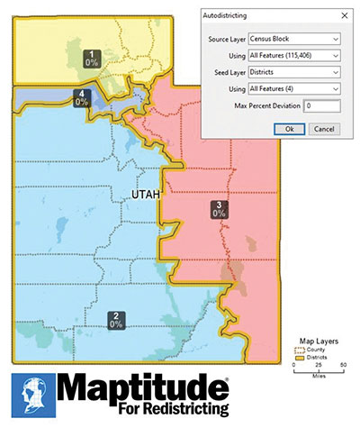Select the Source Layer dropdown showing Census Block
pyautogui.click(x=295, y=39)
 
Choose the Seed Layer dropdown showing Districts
pyautogui.click(x=295, y=73)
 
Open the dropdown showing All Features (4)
pyautogui.click(x=295, y=89)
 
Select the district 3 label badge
pyautogui.click(x=218, y=210)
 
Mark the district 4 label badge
pyautogui.click(x=82, y=97)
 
